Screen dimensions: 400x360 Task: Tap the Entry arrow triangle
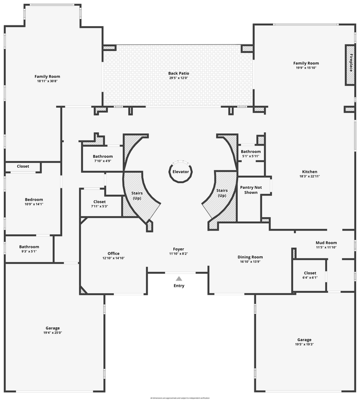[x=179, y=279]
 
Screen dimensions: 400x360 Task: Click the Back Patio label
[x=178, y=73]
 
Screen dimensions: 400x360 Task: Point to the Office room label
[x=113, y=254]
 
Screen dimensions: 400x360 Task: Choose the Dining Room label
[x=250, y=257]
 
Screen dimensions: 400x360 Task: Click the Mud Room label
[x=326, y=243]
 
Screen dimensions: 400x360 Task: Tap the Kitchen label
[x=309, y=172]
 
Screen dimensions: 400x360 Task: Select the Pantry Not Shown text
[x=251, y=190]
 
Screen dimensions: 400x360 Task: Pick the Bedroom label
[x=33, y=199]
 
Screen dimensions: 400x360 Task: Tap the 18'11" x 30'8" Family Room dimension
[x=47, y=81]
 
